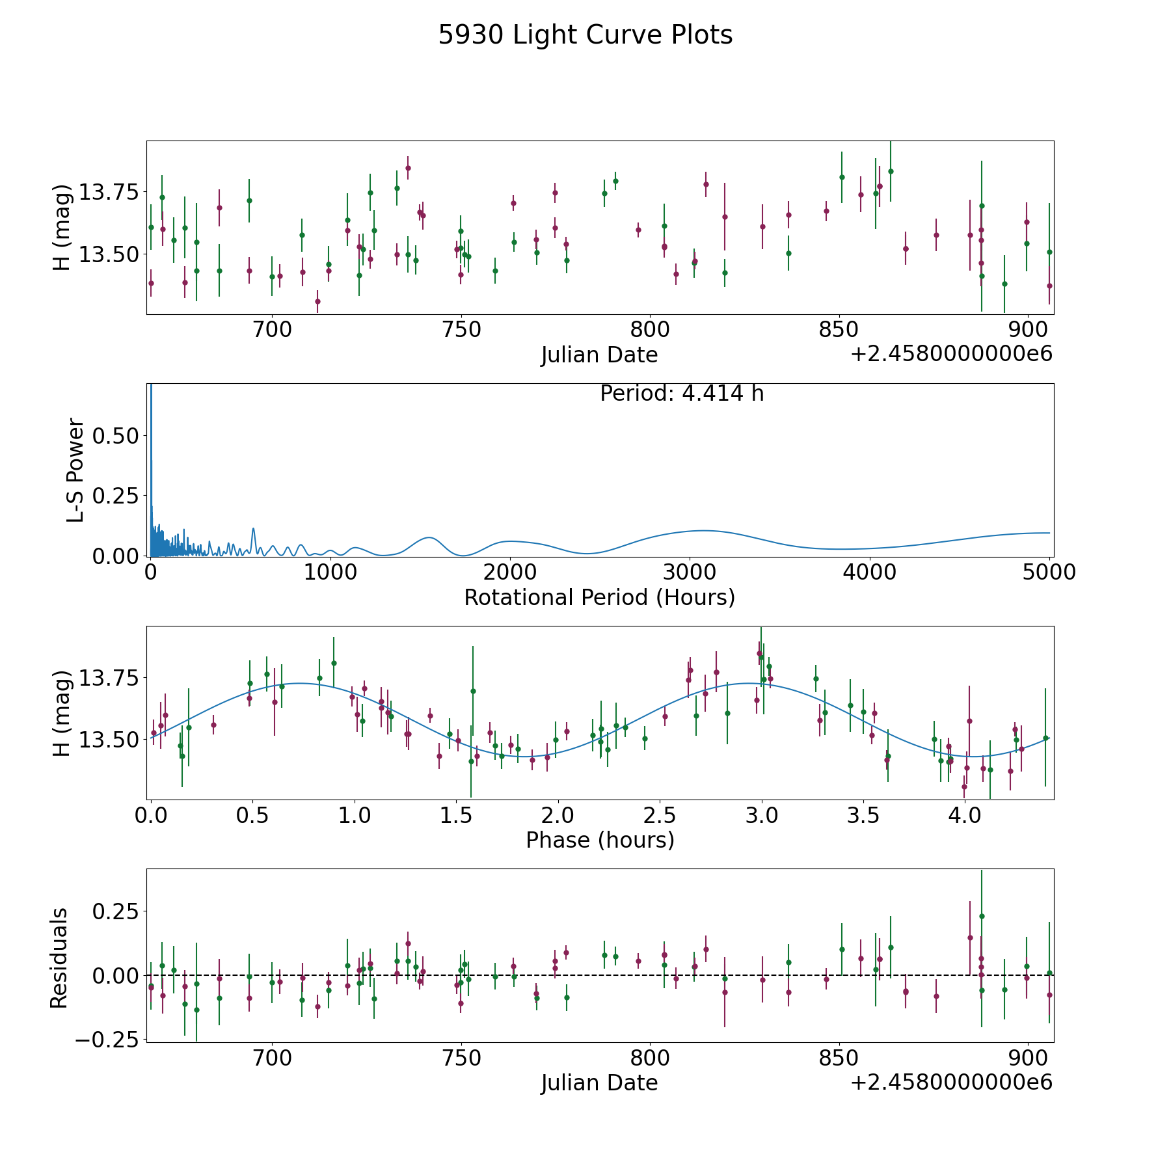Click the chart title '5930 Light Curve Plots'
(x=585, y=35)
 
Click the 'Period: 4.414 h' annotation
(x=681, y=394)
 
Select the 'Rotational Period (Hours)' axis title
(x=599, y=597)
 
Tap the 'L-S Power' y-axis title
(x=75, y=470)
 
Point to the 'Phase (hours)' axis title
(x=599, y=840)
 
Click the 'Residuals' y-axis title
(x=59, y=958)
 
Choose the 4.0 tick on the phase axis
(x=964, y=815)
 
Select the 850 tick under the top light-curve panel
(x=839, y=330)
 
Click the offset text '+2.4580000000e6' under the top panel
(x=951, y=355)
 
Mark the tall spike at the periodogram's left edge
(x=151, y=416)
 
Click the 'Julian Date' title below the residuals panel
(x=599, y=1083)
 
